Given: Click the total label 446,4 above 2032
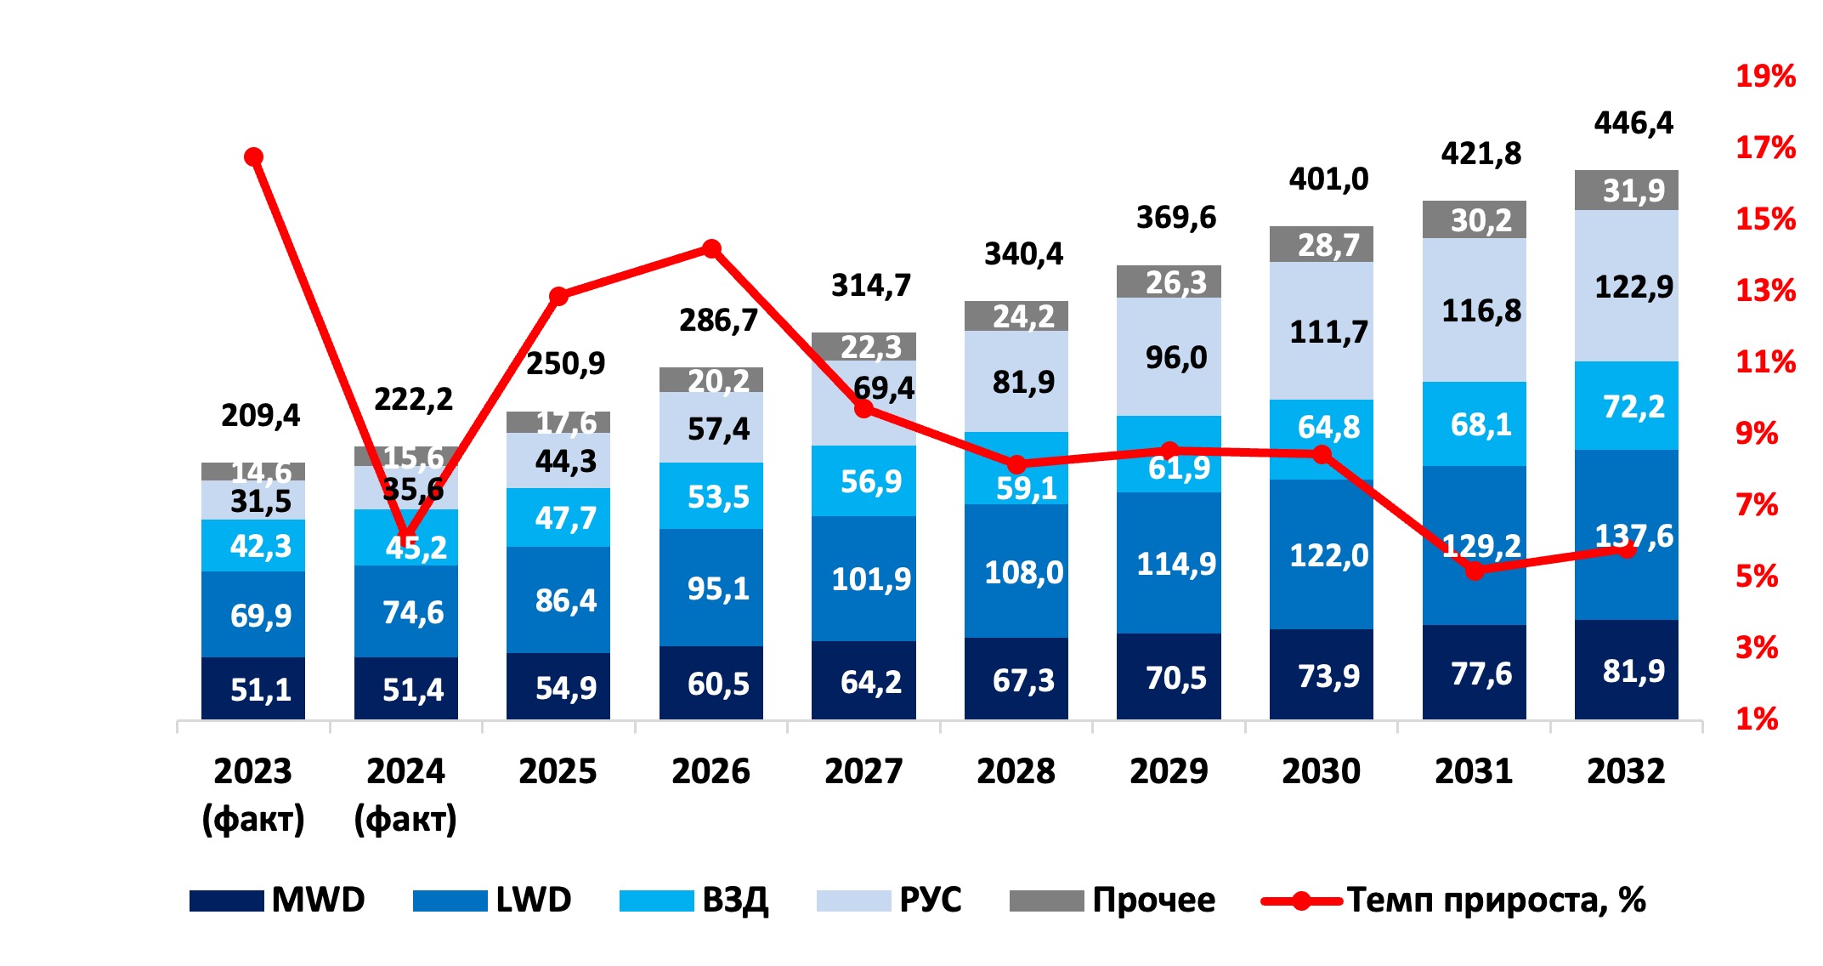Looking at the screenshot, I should pyautogui.click(x=1633, y=123).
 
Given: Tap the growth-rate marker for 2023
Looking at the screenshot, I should pyautogui.click(x=253, y=157).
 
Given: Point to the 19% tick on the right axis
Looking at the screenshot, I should pyautogui.click(x=1764, y=77).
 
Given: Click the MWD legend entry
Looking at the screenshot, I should pyautogui.click(x=277, y=900).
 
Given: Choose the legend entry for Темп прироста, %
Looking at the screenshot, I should pyautogui.click(x=1453, y=900).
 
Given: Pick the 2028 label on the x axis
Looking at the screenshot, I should pyautogui.click(x=1016, y=771).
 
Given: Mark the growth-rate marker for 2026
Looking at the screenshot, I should pyautogui.click(x=711, y=249).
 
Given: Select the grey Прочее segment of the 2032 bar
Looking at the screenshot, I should pyautogui.click(x=1627, y=190).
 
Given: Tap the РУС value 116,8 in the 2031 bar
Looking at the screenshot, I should pyautogui.click(x=1481, y=310).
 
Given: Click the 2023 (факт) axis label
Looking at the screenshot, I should pyautogui.click(x=253, y=794).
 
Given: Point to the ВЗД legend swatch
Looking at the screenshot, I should pyautogui.click(x=656, y=901).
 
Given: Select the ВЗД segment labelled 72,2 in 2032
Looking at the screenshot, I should pyautogui.click(x=1627, y=406).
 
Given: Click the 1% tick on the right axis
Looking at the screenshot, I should pyautogui.click(x=1757, y=719).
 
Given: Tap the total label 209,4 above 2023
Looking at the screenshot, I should pyautogui.click(x=260, y=415).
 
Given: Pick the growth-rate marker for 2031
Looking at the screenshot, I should pyautogui.click(x=1475, y=571).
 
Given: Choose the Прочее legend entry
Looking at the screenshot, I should pyautogui.click(x=1112, y=900).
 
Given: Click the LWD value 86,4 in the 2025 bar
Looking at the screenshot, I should pyautogui.click(x=565, y=600).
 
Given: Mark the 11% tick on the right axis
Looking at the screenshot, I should pyautogui.click(x=1764, y=362).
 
